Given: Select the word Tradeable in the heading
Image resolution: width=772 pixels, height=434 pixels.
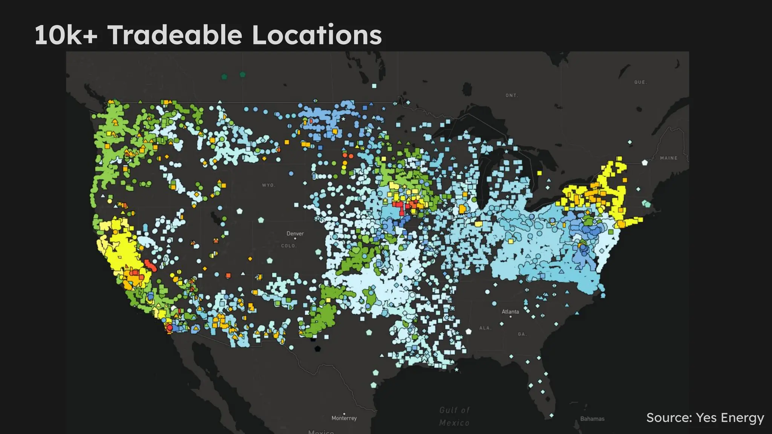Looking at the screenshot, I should point(175,35).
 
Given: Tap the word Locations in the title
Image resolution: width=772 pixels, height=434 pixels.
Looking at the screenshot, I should point(317,35).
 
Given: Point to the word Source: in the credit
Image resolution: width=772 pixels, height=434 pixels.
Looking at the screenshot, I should point(669,417).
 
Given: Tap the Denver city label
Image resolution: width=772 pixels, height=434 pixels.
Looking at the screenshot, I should point(295,234).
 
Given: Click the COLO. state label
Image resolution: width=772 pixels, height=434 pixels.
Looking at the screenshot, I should point(289,246).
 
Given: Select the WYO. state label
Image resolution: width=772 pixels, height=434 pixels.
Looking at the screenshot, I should point(268,185).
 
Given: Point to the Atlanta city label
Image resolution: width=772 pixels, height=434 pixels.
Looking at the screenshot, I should point(510,312).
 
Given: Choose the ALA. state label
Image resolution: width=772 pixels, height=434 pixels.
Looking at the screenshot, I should point(485,328).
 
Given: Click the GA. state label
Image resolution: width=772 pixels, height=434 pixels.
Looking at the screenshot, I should point(522,334).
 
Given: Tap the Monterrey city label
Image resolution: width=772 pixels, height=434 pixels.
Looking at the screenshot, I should point(344,418).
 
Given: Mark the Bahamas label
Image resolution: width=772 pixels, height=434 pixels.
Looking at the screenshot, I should point(592,419).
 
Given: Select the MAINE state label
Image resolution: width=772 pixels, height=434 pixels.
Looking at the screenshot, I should point(669,158).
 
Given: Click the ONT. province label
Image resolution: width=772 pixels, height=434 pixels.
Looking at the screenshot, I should point(512,96).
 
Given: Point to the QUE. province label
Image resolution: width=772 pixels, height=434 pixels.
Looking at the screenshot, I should point(640,82).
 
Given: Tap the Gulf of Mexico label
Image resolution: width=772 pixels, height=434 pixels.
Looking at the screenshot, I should point(455,416).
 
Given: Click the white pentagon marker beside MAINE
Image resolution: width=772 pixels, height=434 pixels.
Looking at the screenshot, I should point(645,163).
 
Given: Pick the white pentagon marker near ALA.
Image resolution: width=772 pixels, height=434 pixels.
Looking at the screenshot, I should point(469,332).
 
